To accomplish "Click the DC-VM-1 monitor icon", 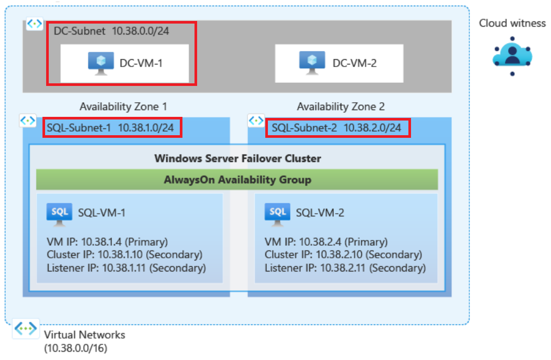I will (101, 62).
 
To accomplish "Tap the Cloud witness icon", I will (512, 56).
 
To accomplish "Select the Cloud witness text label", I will (512, 23).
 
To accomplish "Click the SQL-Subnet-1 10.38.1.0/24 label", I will (113, 127).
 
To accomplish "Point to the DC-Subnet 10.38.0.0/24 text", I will (111, 31).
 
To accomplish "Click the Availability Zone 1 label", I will (123, 107).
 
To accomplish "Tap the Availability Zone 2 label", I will (341, 107).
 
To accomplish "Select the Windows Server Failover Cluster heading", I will (237, 158).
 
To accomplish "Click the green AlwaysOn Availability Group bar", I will (237, 180).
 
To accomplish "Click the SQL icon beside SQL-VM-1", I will (59, 213).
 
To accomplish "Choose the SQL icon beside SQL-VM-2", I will (277, 213).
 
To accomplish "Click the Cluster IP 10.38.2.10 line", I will (343, 255).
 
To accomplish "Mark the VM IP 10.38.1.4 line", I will (107, 242).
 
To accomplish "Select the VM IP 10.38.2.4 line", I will (326, 242).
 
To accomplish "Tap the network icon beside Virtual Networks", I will (26, 329).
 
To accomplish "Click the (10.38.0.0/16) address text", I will (77, 347).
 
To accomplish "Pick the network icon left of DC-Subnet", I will (35, 24).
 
